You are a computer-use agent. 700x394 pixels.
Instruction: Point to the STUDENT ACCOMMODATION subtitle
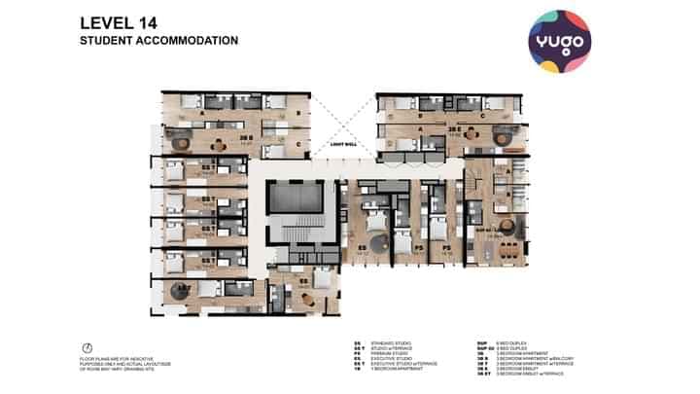[157, 42]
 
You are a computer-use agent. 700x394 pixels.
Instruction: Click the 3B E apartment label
[453, 128]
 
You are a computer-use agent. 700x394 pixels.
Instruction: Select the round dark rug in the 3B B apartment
[181, 141]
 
